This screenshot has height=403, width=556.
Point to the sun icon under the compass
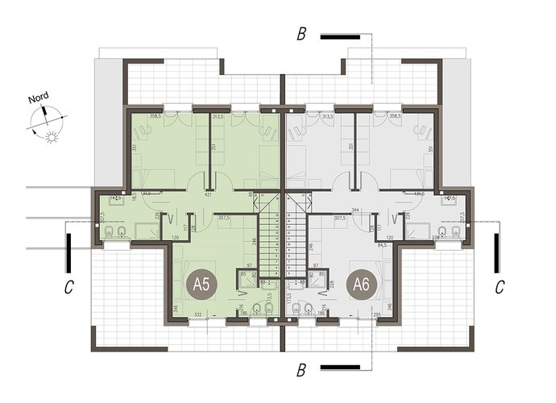click(53, 138)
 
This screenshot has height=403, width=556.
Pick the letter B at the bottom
click(301, 371)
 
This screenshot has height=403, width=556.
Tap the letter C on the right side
click(500, 286)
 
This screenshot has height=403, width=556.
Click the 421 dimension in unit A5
click(208, 194)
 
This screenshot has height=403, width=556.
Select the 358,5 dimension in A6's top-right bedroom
click(416, 117)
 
